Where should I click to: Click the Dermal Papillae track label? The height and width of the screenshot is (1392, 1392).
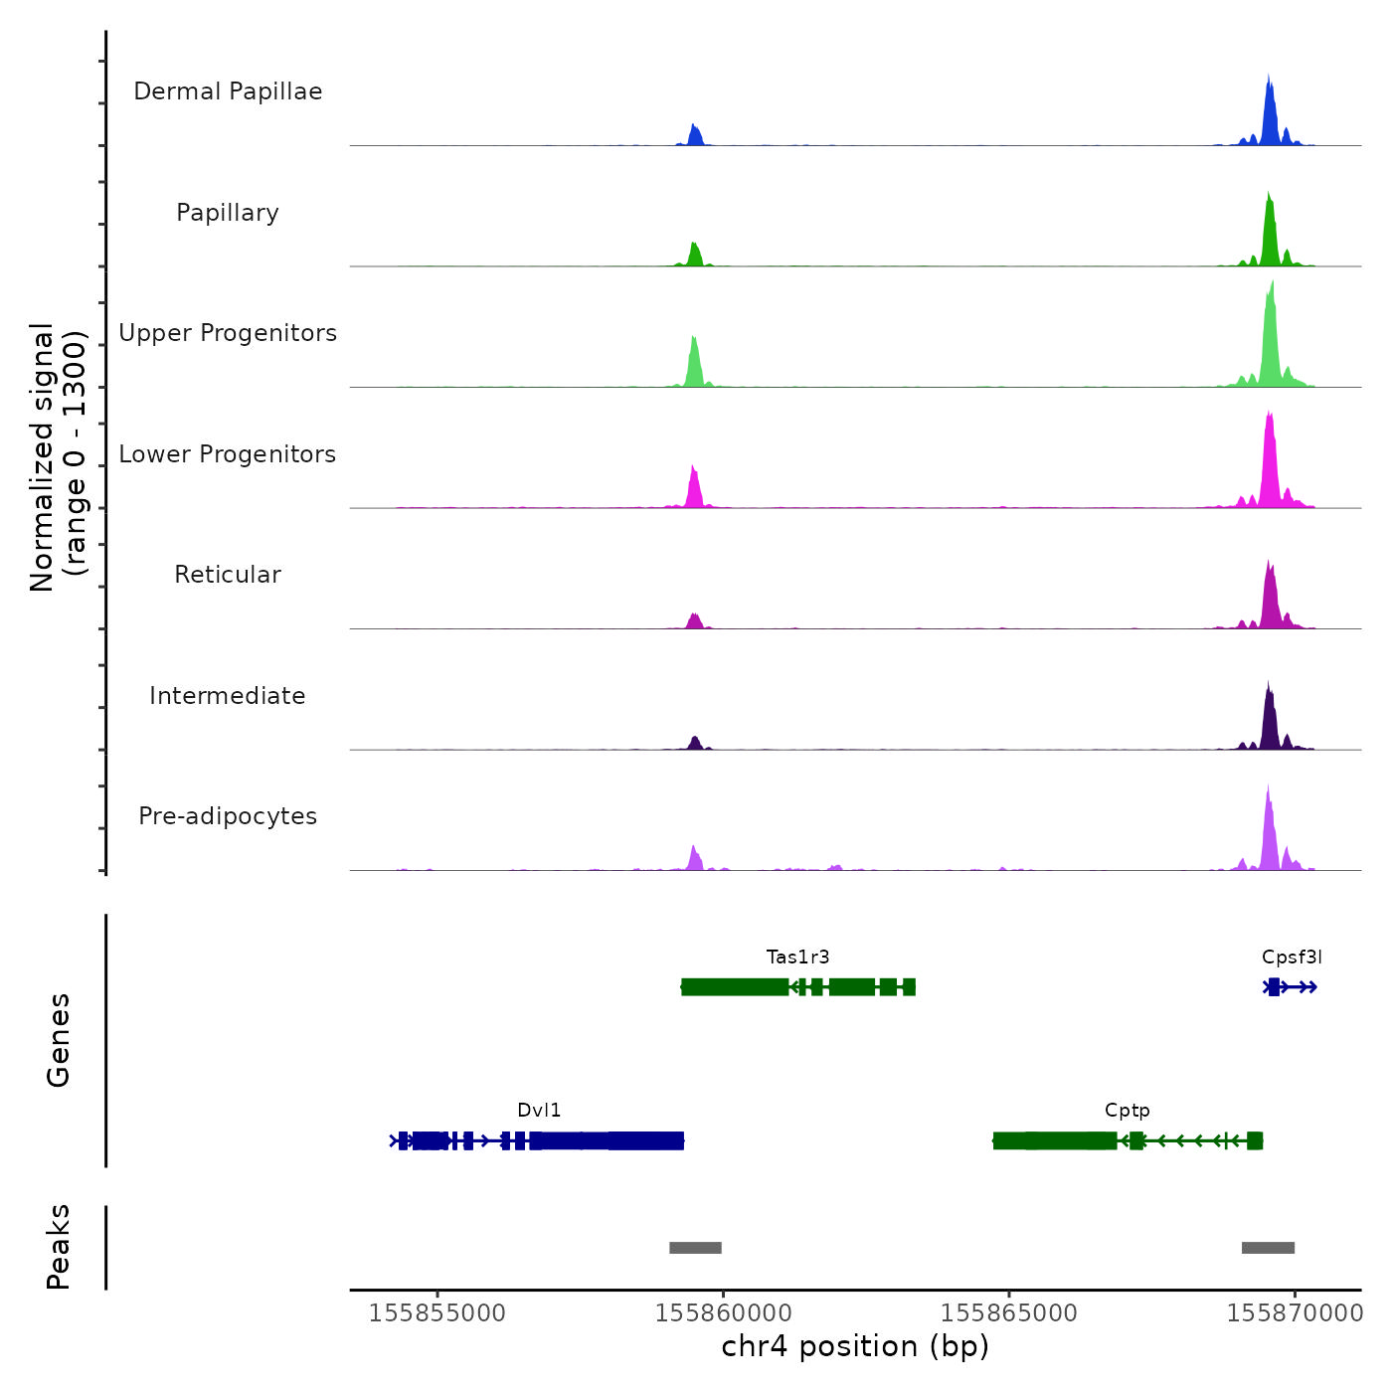pyautogui.click(x=228, y=91)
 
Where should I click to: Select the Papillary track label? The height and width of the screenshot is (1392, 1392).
pyautogui.click(x=228, y=213)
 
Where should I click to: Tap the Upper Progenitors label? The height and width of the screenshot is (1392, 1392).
pyautogui.click(x=228, y=333)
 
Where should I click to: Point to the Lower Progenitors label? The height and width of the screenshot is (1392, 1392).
pyautogui.click(x=228, y=454)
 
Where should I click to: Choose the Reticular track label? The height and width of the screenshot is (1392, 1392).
pyautogui.click(x=228, y=575)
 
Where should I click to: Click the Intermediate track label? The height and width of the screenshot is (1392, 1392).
pyautogui.click(x=228, y=696)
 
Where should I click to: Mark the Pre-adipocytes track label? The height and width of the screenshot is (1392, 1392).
pyautogui.click(x=228, y=816)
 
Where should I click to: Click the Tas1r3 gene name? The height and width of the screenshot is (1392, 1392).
pyautogui.click(x=797, y=957)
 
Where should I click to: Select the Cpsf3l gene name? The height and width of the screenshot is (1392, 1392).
pyautogui.click(x=1292, y=957)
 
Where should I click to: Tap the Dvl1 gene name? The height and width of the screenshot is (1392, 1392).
pyautogui.click(x=539, y=1111)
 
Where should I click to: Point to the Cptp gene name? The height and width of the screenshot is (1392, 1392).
pyautogui.click(x=1127, y=1111)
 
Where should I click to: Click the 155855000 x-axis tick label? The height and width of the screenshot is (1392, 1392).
pyautogui.click(x=437, y=1313)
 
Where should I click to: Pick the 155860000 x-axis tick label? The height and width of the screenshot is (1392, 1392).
pyautogui.click(x=723, y=1313)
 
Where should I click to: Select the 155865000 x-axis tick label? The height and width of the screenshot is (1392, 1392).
pyautogui.click(x=1009, y=1313)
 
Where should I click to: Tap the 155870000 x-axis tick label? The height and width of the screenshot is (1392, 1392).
pyautogui.click(x=1295, y=1313)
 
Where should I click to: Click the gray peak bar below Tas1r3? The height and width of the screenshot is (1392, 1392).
pyautogui.click(x=695, y=1248)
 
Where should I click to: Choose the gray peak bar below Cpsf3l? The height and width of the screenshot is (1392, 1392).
pyautogui.click(x=1268, y=1248)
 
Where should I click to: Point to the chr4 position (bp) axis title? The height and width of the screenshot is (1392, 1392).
pyautogui.click(x=855, y=1347)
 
